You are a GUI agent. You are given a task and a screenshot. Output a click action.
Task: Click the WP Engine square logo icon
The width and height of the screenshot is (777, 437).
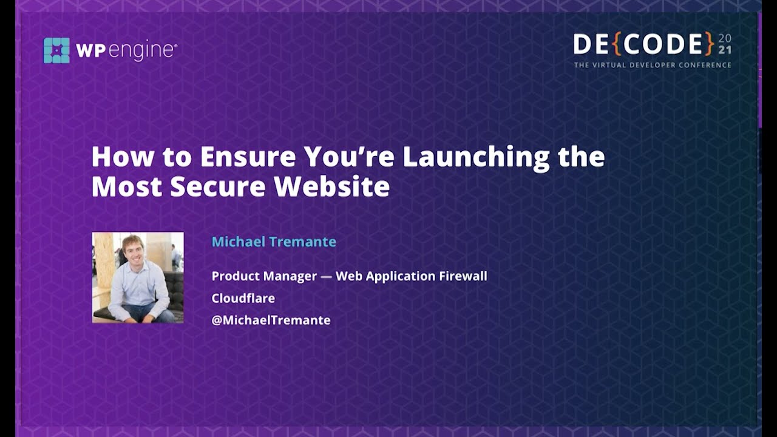56,50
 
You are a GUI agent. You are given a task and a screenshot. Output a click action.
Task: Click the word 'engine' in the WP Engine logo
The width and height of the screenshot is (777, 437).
144,50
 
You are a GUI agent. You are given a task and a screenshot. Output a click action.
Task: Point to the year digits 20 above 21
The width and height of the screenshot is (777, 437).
725,38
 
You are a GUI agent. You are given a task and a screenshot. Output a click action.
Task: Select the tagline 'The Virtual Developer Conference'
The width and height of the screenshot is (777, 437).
653,65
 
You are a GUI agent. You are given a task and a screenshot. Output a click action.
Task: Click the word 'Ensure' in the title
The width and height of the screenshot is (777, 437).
248,157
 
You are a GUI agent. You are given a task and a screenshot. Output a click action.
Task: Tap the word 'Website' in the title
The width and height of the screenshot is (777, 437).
331,186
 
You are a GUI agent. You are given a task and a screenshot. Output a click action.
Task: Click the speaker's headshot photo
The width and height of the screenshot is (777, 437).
138,277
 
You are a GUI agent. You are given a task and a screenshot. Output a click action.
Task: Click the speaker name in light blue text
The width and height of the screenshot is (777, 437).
274,242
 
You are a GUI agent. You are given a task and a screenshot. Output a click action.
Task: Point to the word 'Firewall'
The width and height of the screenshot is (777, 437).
464,276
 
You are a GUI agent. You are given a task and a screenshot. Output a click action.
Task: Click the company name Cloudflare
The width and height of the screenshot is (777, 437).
243,298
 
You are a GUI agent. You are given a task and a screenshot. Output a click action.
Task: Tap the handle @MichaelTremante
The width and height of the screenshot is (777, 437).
271,320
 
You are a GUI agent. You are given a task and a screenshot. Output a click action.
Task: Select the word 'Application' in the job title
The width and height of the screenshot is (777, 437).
401,276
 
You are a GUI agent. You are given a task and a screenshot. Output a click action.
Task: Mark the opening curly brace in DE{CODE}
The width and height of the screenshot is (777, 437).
616,44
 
